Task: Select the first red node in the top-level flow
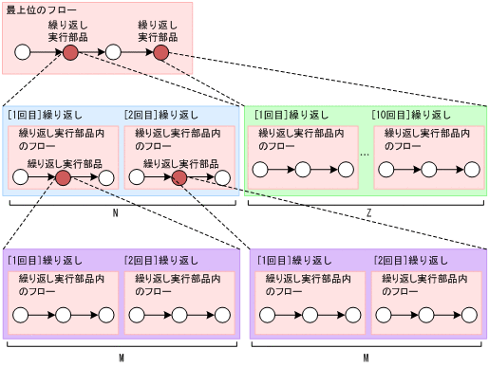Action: pos(70,52)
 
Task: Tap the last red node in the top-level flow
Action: pos(160,52)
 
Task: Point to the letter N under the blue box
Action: pos(115,213)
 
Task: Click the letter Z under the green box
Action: pos(367,213)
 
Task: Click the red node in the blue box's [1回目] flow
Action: pos(64,177)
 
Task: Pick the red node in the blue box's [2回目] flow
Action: pos(179,177)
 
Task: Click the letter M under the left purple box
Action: pos(121,358)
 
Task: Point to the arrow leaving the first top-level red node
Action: pos(91,52)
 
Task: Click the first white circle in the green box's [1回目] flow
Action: pos(260,171)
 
